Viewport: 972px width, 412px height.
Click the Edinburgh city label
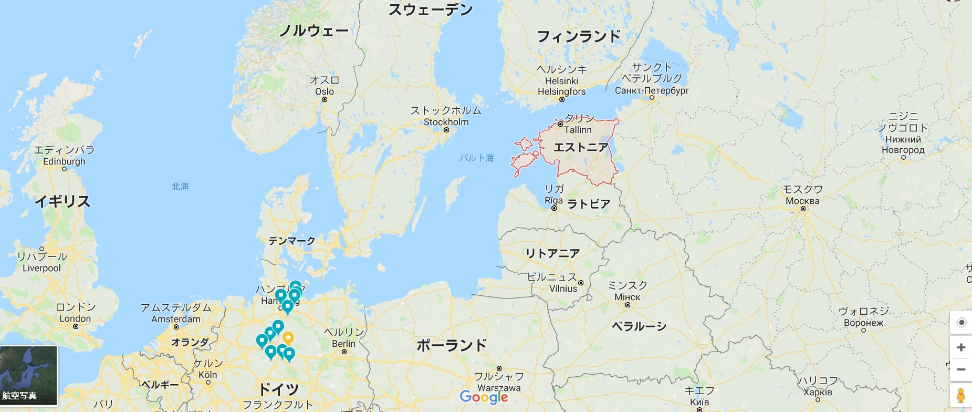(x=64, y=161)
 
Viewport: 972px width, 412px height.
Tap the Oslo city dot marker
(x=325, y=99)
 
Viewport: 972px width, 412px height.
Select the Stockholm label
(x=446, y=122)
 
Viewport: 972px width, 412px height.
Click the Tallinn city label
(x=578, y=130)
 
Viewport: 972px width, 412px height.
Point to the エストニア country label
(x=581, y=147)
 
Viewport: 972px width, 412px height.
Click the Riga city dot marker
(x=554, y=208)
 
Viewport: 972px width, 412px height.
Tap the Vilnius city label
(x=563, y=289)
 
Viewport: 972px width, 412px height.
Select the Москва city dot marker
(x=803, y=209)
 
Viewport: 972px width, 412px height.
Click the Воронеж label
(x=863, y=323)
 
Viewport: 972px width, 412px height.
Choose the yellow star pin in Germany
(x=288, y=337)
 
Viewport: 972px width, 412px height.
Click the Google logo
(x=484, y=397)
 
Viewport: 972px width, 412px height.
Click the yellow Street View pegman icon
(x=961, y=395)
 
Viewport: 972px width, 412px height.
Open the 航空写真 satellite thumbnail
(x=28, y=375)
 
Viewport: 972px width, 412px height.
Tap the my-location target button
(x=961, y=322)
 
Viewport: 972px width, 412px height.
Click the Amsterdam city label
(x=176, y=319)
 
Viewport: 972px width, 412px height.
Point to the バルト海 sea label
(x=477, y=158)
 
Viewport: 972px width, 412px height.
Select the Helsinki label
(x=561, y=81)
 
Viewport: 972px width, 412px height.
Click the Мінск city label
(x=628, y=297)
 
